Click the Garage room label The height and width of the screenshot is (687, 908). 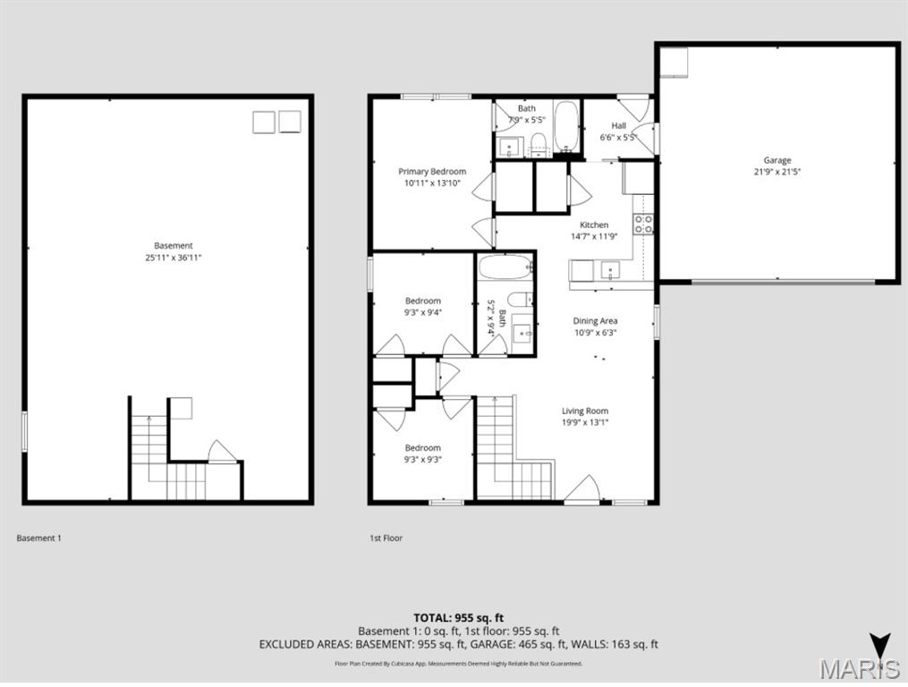pyautogui.click(x=776, y=160)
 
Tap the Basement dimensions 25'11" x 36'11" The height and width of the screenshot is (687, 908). pyautogui.click(x=173, y=258)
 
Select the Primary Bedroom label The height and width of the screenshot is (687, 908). pyautogui.click(x=432, y=171)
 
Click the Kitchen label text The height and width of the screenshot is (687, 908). pyautogui.click(x=594, y=225)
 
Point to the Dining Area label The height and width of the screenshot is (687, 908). pyautogui.click(x=595, y=320)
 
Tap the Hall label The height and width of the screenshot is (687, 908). pyautogui.click(x=618, y=125)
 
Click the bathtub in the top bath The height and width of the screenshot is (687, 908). pyautogui.click(x=567, y=127)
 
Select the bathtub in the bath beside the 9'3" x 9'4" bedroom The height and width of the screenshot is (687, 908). pyautogui.click(x=504, y=267)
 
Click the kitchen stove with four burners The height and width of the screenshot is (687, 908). pyautogui.click(x=643, y=224)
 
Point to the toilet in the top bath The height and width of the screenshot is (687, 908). pyautogui.click(x=538, y=143)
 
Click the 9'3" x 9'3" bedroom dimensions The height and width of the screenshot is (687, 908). pyautogui.click(x=422, y=460)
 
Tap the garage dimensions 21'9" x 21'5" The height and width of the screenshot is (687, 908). pyautogui.click(x=776, y=172)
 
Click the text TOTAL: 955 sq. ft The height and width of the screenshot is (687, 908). pyautogui.click(x=458, y=617)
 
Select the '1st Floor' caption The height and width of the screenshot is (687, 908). pyautogui.click(x=386, y=539)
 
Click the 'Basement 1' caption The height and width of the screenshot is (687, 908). pyautogui.click(x=38, y=539)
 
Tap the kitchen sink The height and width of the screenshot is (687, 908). pyautogui.click(x=613, y=269)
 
